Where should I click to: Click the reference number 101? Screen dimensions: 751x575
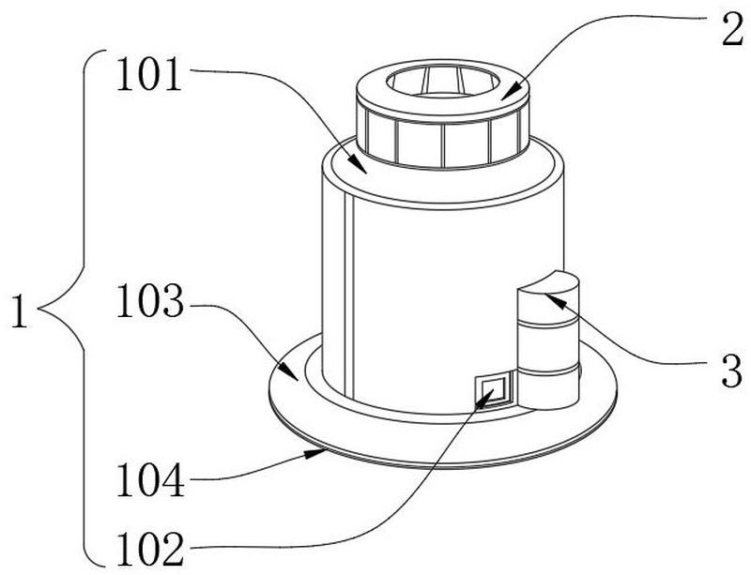point(149,74)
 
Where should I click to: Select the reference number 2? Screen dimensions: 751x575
point(732,30)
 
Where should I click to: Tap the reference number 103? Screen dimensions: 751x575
point(150,302)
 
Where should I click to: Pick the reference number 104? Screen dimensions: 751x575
point(150,480)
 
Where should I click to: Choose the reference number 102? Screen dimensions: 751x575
point(150,550)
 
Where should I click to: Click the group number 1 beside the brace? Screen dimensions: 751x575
point(20,311)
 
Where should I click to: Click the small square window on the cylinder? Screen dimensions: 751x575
point(492,389)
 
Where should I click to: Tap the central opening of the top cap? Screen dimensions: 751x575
point(443,83)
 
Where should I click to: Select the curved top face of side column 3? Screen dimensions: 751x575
point(547,282)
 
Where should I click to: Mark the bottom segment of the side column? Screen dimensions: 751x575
point(548,388)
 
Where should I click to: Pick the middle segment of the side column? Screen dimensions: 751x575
point(548,344)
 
